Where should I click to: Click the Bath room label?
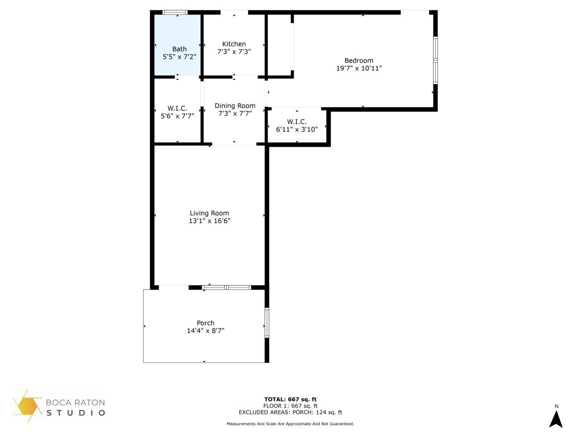pos(179,49)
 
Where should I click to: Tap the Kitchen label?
pos(234,44)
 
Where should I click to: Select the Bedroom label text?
pos(359,60)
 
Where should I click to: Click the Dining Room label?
pos(235,106)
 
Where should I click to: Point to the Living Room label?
pos(209,213)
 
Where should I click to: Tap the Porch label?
pos(205,323)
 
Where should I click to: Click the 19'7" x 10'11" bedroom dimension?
pos(359,68)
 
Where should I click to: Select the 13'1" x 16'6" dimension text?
pos(209,221)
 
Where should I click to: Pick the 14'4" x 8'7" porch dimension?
pos(205,331)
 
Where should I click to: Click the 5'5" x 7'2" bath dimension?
pos(179,57)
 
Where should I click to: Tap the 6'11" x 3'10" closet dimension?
pos(297,129)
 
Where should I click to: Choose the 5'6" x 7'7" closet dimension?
pos(177,116)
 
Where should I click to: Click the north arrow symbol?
pos(556,418)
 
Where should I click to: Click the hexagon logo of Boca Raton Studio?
pos(28,406)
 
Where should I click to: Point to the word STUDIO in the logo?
pos(76,413)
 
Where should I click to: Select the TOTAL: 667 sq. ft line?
pos(290,399)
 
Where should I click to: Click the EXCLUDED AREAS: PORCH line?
pos(290,412)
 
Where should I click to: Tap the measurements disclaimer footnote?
pos(290,424)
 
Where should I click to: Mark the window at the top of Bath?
pos(176,13)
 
